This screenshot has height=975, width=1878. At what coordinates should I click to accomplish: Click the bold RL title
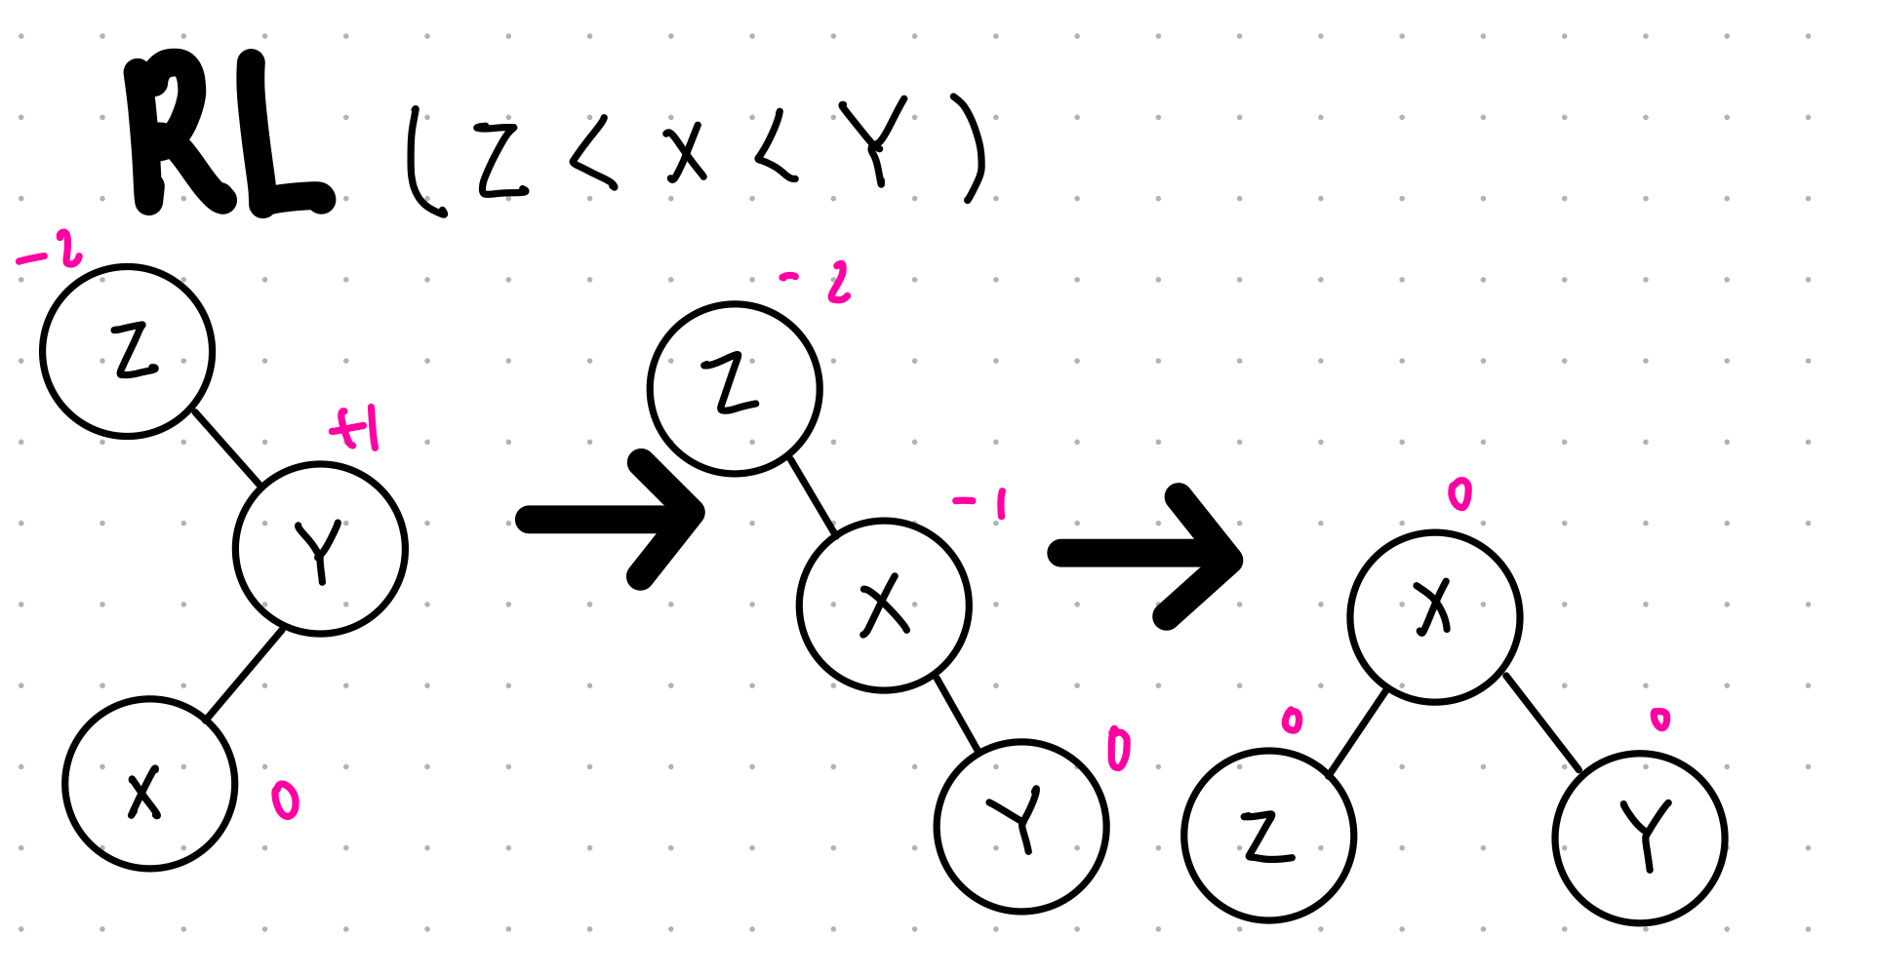(x=229, y=136)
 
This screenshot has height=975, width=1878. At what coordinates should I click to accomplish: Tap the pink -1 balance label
(x=980, y=504)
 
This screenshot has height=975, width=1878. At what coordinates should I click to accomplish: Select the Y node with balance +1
(x=320, y=549)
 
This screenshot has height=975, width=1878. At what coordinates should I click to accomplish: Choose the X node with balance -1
(x=884, y=605)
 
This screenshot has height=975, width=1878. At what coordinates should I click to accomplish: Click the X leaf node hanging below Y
(x=150, y=784)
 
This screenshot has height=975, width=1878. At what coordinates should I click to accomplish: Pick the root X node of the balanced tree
(x=1434, y=617)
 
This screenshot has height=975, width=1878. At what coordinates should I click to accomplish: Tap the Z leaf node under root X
(x=1268, y=836)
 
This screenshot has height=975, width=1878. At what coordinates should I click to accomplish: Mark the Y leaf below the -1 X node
(x=1021, y=827)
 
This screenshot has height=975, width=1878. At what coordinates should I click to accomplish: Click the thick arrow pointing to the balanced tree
(x=1146, y=556)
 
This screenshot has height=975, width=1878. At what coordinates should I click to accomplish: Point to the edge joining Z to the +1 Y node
(x=226, y=448)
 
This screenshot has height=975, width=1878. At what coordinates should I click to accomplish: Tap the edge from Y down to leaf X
(x=246, y=674)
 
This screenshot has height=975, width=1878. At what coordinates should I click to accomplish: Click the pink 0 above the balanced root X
(x=1459, y=495)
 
